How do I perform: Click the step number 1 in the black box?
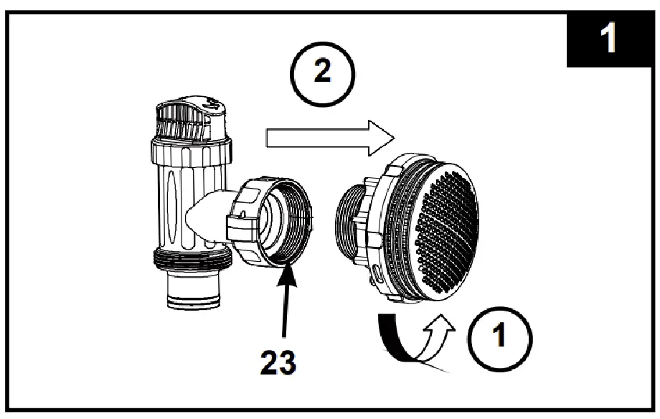(609, 37)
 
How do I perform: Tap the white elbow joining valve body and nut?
(204, 215)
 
